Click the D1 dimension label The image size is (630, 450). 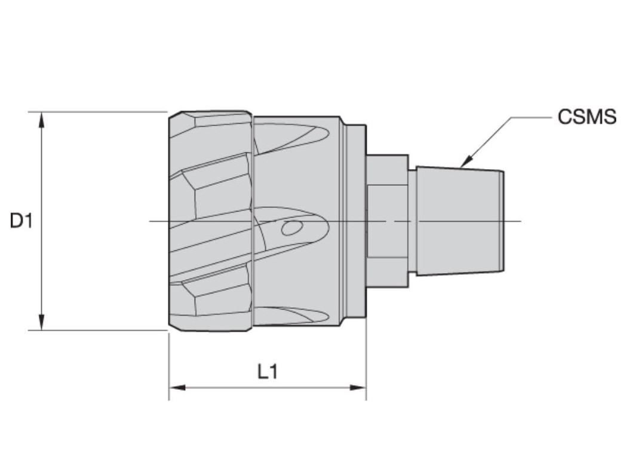click(20, 221)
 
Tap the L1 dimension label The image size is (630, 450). click(268, 372)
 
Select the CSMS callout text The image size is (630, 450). click(586, 117)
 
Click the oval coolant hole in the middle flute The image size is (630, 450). click(291, 228)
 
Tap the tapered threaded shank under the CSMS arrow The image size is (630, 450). click(457, 221)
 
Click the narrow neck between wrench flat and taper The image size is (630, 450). click(412, 221)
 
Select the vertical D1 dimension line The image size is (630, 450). click(41, 179)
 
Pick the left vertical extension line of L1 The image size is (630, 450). click(169, 365)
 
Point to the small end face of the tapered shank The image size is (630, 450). click(502, 221)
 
